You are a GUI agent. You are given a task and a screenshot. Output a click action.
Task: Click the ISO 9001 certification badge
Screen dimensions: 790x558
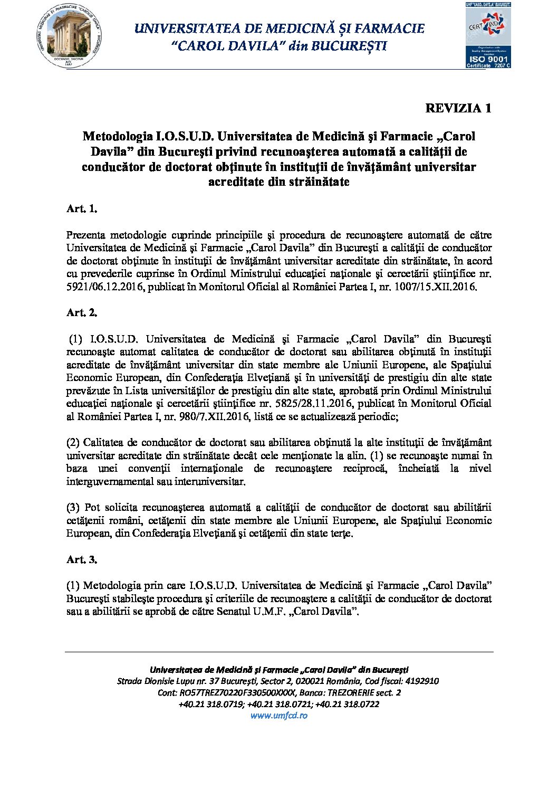coord(488,35)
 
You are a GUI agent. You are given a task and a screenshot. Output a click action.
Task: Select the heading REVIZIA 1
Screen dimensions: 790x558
coord(458,108)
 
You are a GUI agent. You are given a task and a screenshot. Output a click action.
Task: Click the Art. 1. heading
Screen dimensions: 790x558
coord(82,208)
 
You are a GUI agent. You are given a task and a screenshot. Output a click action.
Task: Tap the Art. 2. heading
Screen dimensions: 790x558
coord(82,312)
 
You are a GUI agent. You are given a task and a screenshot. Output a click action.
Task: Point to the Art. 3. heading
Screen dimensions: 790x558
coord(82,559)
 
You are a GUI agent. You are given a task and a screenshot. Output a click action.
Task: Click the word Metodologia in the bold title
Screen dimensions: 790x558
coord(118,136)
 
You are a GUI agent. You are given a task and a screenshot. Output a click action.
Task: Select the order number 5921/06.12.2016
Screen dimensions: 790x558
coord(105,287)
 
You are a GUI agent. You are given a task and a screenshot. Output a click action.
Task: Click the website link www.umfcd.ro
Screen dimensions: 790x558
coord(278,716)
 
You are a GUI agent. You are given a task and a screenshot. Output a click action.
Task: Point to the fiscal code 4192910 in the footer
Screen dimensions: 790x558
coord(421,681)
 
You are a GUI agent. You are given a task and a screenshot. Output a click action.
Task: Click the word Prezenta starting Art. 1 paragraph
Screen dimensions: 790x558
coord(86,235)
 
